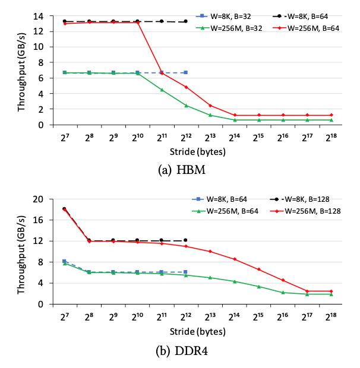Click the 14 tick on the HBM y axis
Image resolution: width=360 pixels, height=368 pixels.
39,15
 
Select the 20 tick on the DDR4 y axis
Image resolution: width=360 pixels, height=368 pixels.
39,199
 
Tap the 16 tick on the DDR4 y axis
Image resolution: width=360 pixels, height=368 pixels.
39,220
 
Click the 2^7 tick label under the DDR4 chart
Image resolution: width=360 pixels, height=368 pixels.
64,316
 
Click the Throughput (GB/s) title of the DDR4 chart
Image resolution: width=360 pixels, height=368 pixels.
22,252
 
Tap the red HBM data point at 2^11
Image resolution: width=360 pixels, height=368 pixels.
161,73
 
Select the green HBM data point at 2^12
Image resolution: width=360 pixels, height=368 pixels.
185,106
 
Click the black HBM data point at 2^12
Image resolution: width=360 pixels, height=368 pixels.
185,21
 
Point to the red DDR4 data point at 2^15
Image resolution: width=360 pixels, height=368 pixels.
258,269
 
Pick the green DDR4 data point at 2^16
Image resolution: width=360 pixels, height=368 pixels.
283,292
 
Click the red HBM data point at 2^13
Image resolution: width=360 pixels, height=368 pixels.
210,106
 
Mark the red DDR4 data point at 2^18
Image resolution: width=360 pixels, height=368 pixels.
331,291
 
